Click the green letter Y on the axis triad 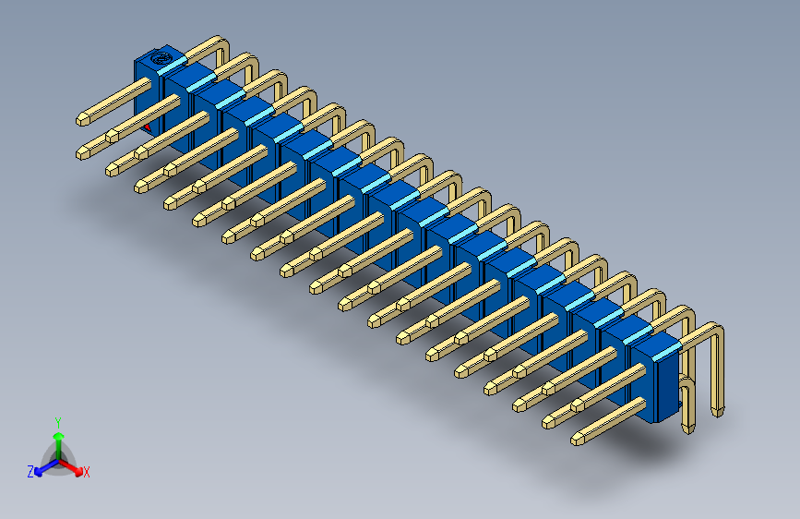(x=57, y=421)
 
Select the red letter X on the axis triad (x=87, y=473)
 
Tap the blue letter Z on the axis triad (x=30, y=471)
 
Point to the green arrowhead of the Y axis (x=58, y=436)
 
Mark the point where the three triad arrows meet (x=58, y=460)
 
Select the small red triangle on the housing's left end (x=148, y=127)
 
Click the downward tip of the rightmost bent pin (x=718, y=409)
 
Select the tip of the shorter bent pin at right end (x=687, y=428)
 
